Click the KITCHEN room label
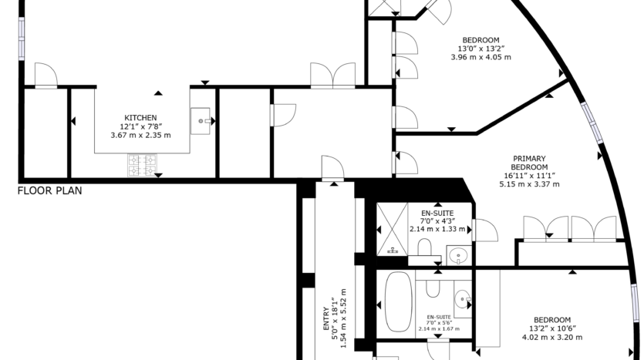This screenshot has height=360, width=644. coord(140,118)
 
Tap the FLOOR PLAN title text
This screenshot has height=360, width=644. coord(49,190)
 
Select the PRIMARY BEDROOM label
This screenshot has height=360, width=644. coord(529,163)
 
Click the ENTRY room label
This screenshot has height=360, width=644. coord(326,319)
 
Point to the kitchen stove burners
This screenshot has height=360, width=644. coord(142,165)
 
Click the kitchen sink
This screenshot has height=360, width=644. coord(201,121)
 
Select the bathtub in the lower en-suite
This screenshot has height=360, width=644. coord(399,301)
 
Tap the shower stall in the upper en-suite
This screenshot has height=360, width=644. coord(393,229)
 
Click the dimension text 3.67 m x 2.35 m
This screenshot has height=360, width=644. coord(140,135)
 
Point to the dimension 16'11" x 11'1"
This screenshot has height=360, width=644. coord(529,176)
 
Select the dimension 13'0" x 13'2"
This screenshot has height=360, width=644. coord(481,49)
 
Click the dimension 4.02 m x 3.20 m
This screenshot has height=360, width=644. coord(552,338)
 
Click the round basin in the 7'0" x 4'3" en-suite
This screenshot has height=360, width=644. coord(459,256)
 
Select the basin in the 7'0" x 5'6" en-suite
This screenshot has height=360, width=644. coord(463,299)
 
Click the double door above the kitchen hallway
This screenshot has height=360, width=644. coord(332,75)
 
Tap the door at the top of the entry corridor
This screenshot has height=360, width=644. coord(332,168)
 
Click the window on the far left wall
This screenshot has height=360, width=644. coord(22,39)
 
